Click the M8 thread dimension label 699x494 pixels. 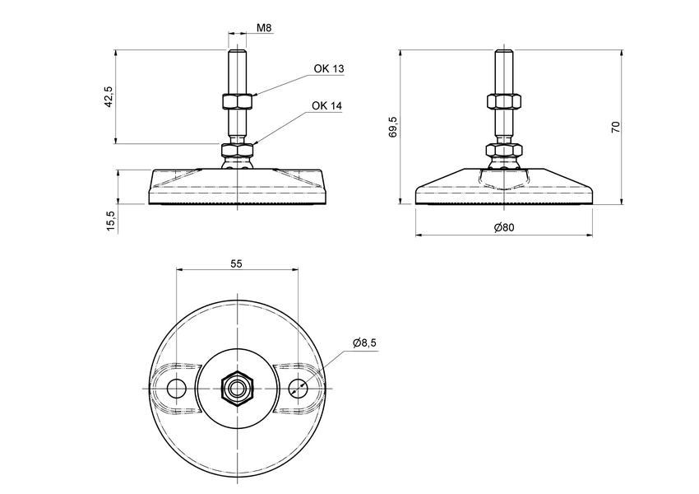[x=264, y=28]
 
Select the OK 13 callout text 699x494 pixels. [x=328, y=69]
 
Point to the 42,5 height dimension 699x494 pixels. [x=108, y=96]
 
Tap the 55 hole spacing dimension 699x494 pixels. [x=236, y=263]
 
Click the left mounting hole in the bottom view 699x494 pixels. [x=176, y=387]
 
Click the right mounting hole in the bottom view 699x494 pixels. [x=297, y=387]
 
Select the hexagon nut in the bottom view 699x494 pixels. [x=237, y=387]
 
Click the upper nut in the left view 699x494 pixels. [x=237, y=102]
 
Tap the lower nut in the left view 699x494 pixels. [x=237, y=151]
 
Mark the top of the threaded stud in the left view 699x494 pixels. [x=237, y=52]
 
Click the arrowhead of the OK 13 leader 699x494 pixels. [x=255, y=95]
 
